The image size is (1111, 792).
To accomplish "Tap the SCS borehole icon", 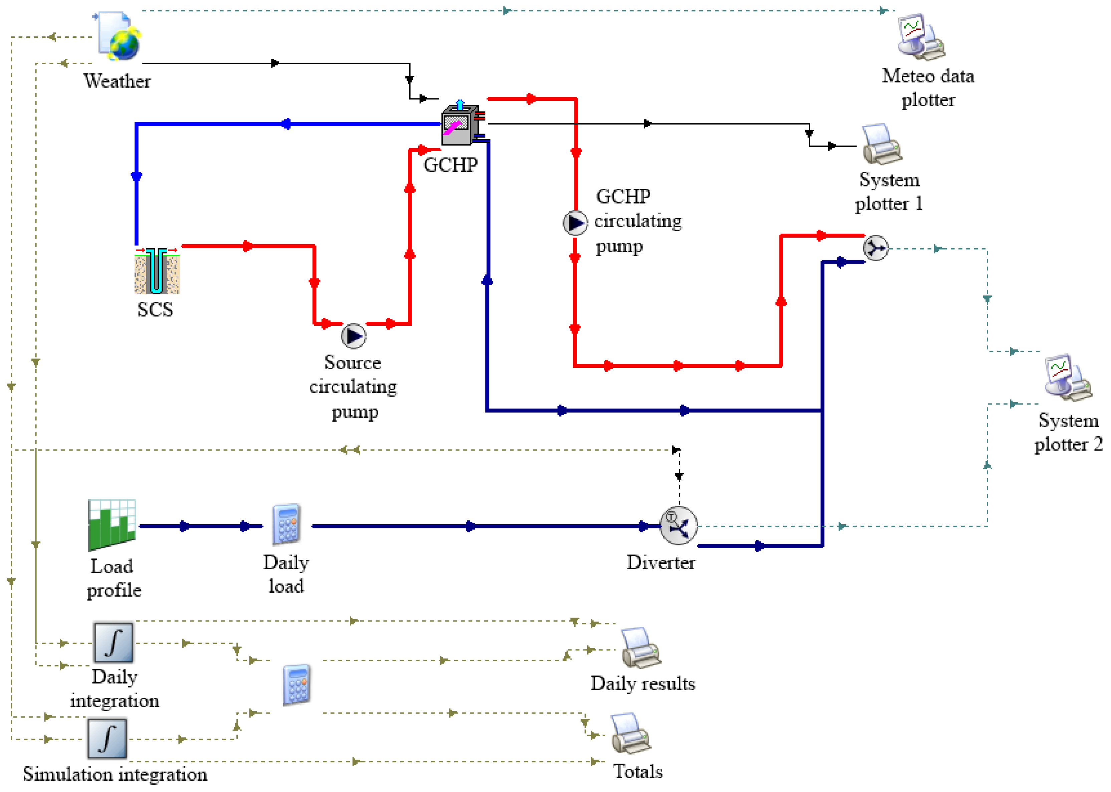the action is click(157, 271).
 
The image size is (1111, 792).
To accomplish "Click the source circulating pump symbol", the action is click(354, 336).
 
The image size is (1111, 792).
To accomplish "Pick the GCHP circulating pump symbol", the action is click(576, 223).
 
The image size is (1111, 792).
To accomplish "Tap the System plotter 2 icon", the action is click(1068, 377).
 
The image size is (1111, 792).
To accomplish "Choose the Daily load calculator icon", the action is click(287, 524).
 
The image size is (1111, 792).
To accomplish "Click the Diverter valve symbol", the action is click(678, 526).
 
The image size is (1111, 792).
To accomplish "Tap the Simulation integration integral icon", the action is click(107, 738).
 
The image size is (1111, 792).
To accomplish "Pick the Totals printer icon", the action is click(631, 734).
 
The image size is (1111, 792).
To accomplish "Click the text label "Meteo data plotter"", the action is click(928, 88).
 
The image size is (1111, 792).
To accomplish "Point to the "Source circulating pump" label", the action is click(353, 387).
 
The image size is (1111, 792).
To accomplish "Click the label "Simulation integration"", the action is click(115, 774).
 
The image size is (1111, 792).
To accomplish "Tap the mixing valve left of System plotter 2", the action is click(876, 248).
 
